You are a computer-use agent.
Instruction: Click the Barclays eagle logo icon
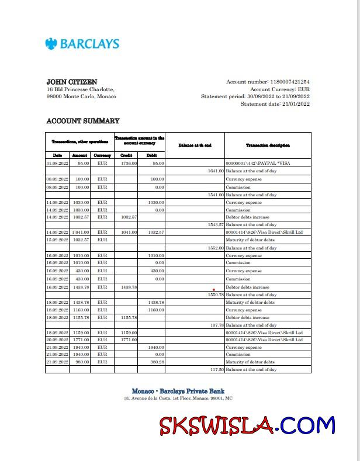[x=51, y=43]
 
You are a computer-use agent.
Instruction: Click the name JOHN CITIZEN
[x=71, y=82]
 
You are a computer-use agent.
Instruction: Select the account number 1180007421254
[x=290, y=82]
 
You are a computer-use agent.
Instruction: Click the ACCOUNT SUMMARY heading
[x=82, y=121]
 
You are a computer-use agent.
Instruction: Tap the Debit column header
[x=151, y=155]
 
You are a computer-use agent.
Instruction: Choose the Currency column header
[x=102, y=155]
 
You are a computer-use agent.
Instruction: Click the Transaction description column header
[x=268, y=145]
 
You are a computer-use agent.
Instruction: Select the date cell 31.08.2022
[x=57, y=163]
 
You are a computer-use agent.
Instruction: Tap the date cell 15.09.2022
[x=57, y=240]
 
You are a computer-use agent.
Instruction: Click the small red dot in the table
[x=214, y=289]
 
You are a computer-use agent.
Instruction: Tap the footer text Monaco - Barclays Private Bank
[x=178, y=391]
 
